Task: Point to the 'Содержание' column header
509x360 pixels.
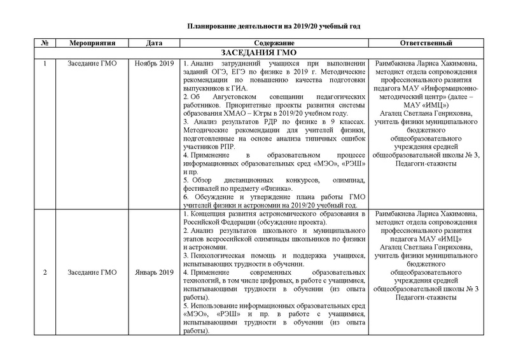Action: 273,43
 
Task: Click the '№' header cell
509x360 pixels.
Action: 44,43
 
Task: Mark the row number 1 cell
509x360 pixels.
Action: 44,64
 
